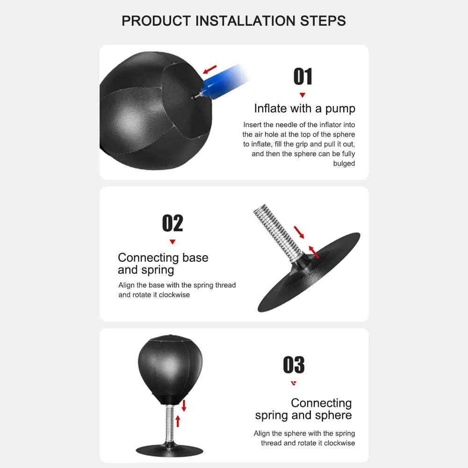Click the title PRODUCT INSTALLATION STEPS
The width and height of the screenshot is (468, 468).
point(234,21)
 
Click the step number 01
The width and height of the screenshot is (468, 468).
point(303,77)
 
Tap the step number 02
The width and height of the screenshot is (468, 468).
point(173,223)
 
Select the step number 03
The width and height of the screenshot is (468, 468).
point(294,365)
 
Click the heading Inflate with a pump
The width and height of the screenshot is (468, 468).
point(304,108)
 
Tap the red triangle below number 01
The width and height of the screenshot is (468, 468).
point(302,95)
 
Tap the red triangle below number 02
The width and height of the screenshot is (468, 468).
point(173,242)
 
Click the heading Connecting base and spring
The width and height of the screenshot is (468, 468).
point(163,264)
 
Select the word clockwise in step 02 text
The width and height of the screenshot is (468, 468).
point(174,295)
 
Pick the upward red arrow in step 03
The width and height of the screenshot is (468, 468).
point(177,421)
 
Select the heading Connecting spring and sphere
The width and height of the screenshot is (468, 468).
point(304,409)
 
